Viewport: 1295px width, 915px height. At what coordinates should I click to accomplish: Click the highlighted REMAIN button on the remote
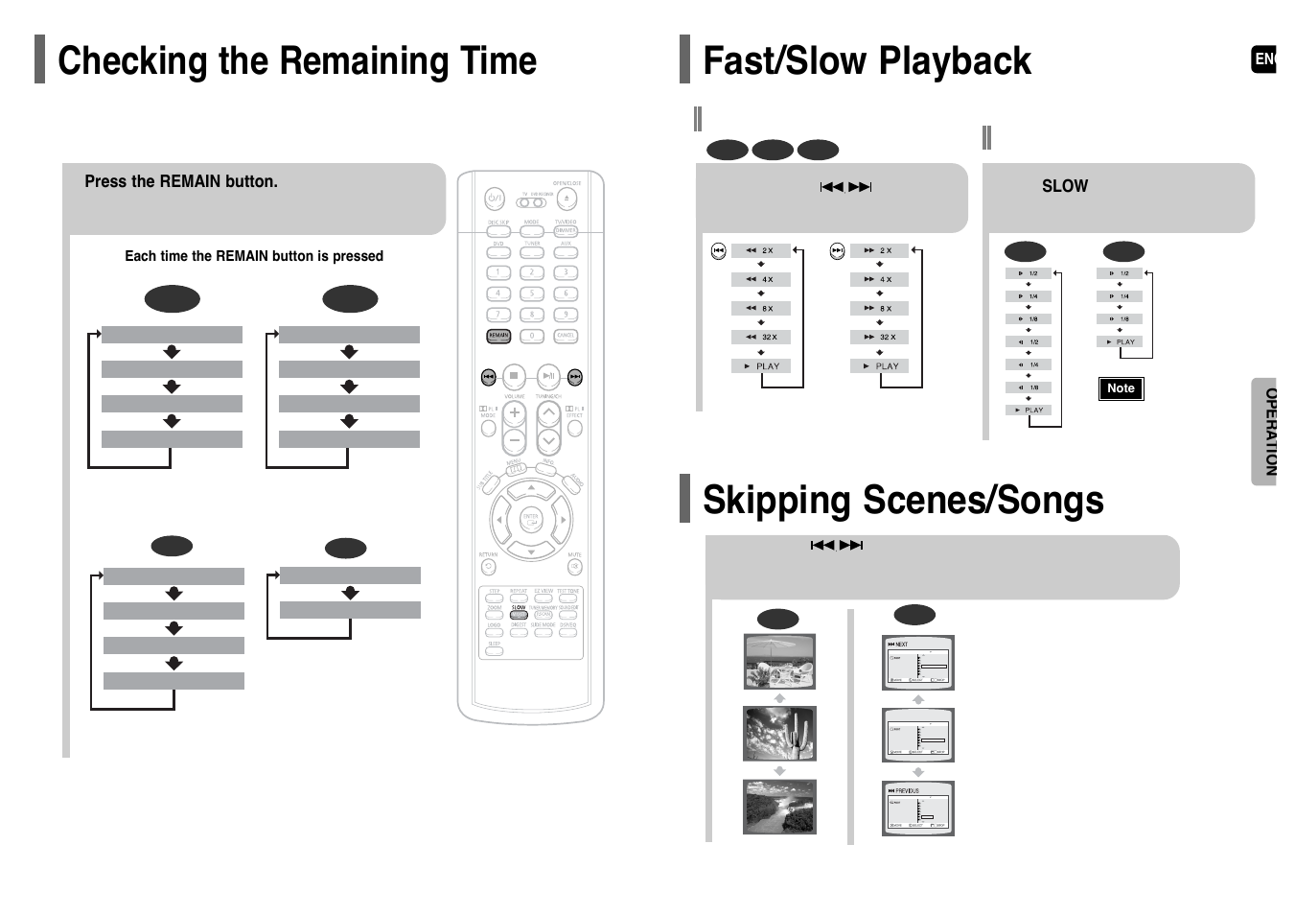coord(498,336)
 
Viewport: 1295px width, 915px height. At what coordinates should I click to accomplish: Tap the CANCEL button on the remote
coord(566,336)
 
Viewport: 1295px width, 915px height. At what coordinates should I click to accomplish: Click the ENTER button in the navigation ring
coord(530,519)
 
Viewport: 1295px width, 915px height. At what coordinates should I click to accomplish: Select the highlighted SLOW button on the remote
coord(519,614)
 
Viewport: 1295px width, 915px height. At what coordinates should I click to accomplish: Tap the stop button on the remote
coord(514,376)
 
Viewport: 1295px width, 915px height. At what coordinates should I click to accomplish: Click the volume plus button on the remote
coord(515,413)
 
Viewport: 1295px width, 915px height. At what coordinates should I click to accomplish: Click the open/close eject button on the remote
coord(567,199)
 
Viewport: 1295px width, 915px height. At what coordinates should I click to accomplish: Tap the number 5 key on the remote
coord(532,293)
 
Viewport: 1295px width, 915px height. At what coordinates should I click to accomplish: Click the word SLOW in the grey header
coord(1064,186)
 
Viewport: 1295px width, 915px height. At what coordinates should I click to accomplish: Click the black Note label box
coord(1121,388)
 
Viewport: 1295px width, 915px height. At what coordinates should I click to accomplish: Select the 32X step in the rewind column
coord(761,337)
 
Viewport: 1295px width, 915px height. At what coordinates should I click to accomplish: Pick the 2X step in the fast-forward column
coord(879,250)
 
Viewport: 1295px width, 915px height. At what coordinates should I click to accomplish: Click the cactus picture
coord(779,734)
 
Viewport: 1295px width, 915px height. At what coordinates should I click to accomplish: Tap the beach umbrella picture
coord(779,661)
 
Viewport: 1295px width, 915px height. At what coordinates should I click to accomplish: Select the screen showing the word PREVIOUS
coord(917,808)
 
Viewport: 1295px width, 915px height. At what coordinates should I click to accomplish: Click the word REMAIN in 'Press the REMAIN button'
coord(190,181)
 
